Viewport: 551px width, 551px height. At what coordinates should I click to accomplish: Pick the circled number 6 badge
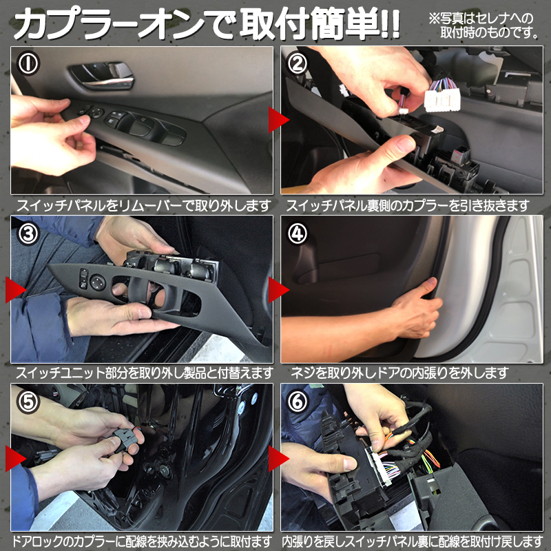297,402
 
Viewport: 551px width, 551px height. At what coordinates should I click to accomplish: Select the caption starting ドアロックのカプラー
141,541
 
